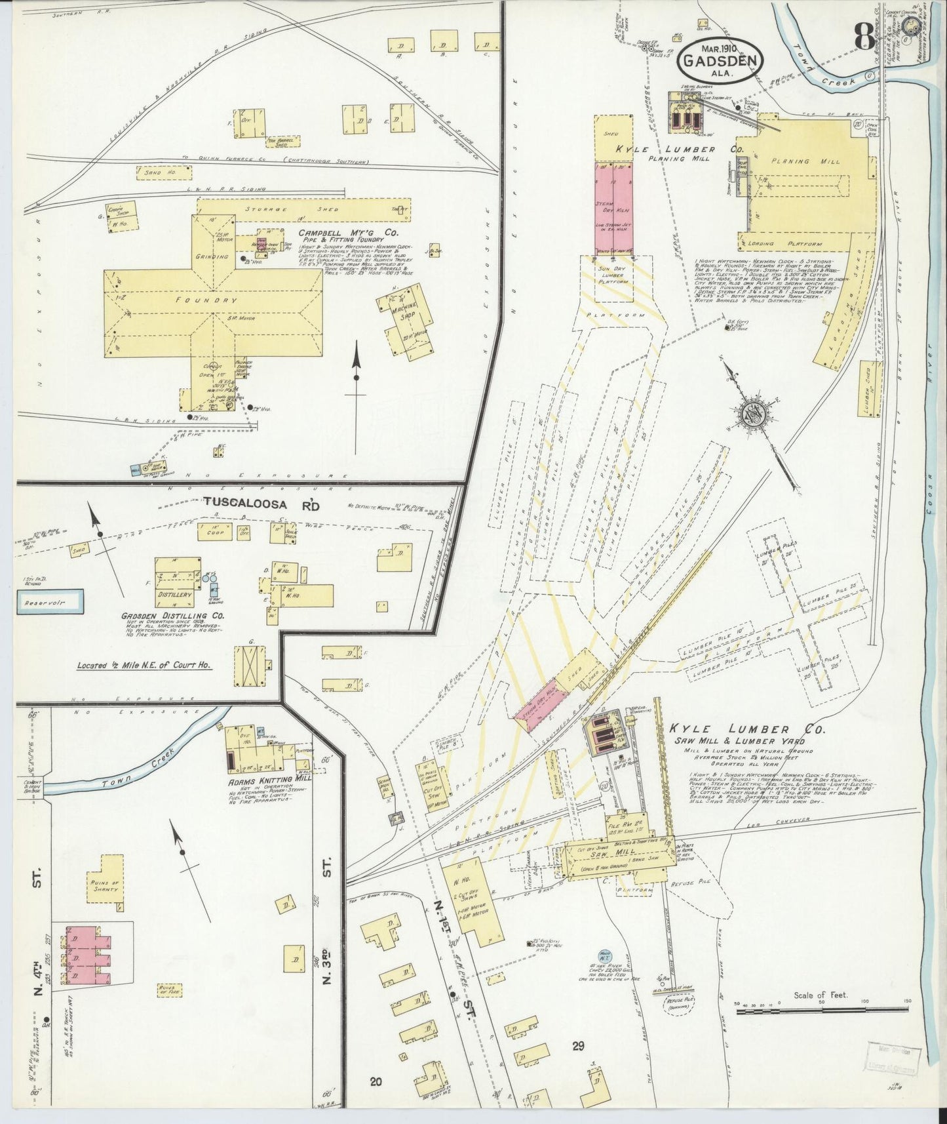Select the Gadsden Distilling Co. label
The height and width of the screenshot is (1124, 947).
(173, 616)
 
